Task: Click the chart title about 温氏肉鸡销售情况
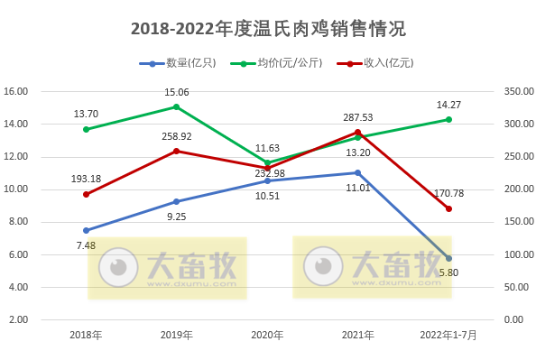(x=268, y=29)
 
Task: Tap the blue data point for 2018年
(x=86, y=230)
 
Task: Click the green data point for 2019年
(x=176, y=106)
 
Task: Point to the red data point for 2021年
(x=357, y=133)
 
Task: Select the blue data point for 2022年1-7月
(x=448, y=258)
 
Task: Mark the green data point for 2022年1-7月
(x=448, y=119)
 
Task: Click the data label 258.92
(x=177, y=135)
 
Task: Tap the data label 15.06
(x=177, y=92)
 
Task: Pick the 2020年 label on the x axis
(x=267, y=335)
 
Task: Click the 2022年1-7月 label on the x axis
(x=448, y=335)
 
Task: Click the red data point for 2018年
(x=86, y=194)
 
